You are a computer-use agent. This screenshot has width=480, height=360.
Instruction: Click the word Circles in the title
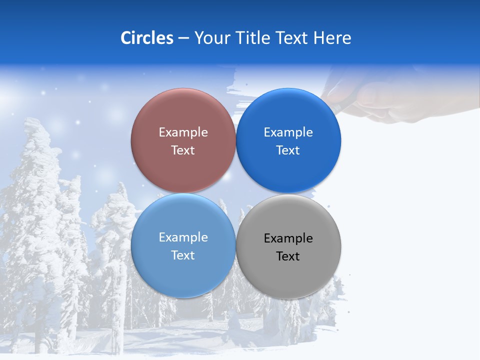click(146, 38)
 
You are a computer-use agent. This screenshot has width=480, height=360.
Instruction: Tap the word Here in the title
click(332, 38)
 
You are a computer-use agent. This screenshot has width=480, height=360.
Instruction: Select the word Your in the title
click(212, 38)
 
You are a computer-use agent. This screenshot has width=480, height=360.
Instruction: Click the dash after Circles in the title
click(183, 38)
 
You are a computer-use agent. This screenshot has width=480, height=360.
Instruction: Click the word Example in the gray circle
click(288, 238)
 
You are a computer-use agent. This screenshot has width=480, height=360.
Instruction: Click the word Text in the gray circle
click(288, 256)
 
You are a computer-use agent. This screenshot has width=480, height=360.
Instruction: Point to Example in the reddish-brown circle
click(183, 132)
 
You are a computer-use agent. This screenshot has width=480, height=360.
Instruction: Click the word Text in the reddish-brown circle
click(183, 150)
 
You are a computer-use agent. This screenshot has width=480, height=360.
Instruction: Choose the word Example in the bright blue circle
click(288, 132)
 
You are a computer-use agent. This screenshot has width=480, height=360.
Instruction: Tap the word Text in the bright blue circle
click(288, 150)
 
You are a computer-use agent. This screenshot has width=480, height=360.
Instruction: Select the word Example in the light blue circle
click(183, 237)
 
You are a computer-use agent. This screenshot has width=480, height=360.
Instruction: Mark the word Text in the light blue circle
click(183, 255)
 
